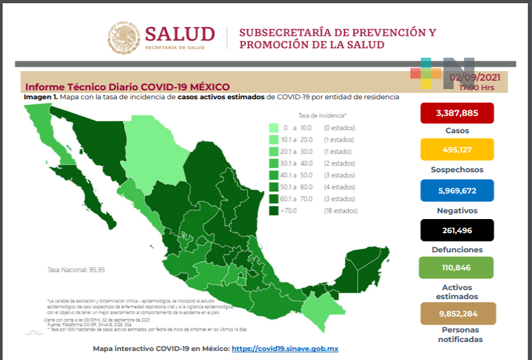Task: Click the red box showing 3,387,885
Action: click(456, 113)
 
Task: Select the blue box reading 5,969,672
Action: click(456, 191)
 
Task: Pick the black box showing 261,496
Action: click(456, 231)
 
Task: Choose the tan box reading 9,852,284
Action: click(456, 314)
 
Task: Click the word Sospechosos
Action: click(456, 170)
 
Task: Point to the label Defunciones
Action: click(456, 249)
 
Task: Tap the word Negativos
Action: click(456, 209)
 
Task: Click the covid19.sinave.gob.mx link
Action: click(284, 348)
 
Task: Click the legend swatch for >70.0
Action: click(274, 210)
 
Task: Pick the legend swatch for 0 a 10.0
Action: click(274, 128)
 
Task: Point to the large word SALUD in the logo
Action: click(180, 34)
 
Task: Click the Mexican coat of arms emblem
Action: click(123, 37)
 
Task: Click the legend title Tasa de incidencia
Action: click(323, 115)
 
